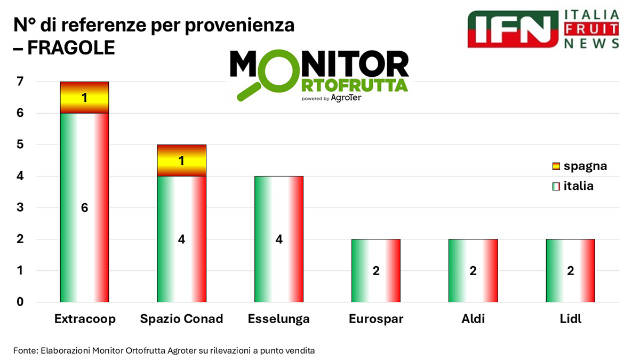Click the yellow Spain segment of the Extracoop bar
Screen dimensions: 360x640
pos(84,98)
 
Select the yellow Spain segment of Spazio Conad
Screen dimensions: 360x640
pos(181,161)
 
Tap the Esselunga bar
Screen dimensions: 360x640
pos(278,239)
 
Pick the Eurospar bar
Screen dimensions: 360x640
pos(376,270)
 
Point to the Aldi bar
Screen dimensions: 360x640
pos(473,270)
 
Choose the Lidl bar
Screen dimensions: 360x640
pos(570,270)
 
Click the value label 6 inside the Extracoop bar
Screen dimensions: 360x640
pos(84,208)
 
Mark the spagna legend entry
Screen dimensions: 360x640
pos(579,166)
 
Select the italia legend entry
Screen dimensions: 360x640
pos(573,186)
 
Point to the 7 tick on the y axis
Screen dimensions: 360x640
pos(20,82)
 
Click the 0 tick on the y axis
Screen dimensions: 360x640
pos(20,302)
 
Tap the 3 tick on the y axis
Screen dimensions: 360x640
pos(20,208)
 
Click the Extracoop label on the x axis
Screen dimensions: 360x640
pos(85,319)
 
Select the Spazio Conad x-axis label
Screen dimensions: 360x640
pos(181,319)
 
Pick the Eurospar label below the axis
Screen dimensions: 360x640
pos(376,319)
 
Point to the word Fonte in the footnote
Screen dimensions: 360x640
pos(25,350)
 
